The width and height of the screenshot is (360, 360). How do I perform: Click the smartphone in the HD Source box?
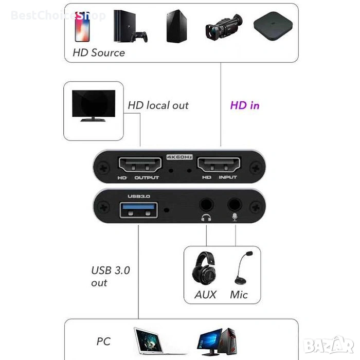coord(82,27)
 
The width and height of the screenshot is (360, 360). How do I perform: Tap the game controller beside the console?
coord(139,37)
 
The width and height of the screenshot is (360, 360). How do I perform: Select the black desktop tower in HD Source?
coord(176,26)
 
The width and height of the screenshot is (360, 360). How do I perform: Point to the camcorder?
coord(224,27)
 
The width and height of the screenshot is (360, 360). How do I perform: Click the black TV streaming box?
coord(273,26)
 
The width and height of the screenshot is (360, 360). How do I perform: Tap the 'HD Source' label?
coord(99,53)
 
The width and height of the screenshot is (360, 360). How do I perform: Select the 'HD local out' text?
coord(158,105)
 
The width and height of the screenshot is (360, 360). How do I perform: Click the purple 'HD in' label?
coord(245,105)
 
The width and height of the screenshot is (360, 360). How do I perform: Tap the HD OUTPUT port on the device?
coord(140,165)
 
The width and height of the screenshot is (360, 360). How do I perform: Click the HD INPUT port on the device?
coord(219,165)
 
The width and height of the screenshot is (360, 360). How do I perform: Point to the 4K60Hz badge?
coord(179,157)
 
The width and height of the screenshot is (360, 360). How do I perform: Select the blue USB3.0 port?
coord(139,210)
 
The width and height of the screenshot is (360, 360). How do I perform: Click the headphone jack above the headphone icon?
coord(206,205)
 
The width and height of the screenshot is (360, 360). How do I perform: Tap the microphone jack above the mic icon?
coord(235,205)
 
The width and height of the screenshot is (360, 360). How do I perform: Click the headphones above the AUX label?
coord(204,268)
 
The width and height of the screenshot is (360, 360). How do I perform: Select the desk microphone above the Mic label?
coord(243,268)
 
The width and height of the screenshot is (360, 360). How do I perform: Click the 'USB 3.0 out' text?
coord(111,277)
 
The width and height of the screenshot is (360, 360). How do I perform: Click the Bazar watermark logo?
coord(328,345)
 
